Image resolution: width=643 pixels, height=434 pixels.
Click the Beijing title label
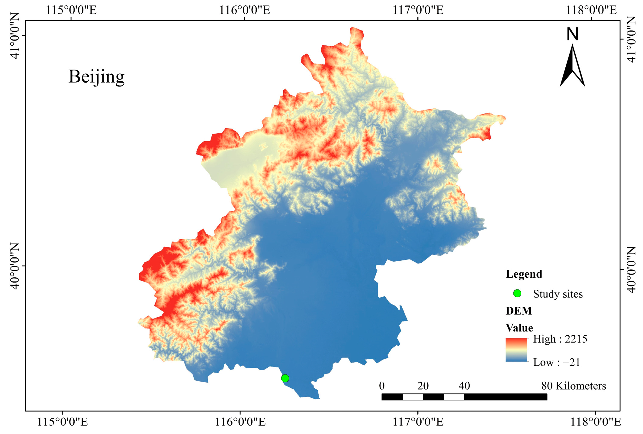point(96,77)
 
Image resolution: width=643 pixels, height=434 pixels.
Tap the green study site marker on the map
point(285,378)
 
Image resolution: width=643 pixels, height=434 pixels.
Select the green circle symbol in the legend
point(517,293)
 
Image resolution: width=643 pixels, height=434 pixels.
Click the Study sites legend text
point(558,294)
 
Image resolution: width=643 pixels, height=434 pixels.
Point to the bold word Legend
point(524,274)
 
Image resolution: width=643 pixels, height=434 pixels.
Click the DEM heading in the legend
point(519,311)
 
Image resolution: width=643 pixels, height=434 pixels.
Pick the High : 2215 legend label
point(560,339)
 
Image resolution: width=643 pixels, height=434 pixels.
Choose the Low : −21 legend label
point(557,362)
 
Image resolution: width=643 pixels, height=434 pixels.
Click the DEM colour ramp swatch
point(516,350)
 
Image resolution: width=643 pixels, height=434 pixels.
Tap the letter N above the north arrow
point(572,34)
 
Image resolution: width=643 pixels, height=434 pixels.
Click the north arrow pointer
point(572,67)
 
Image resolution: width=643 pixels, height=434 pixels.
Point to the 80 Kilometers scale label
point(574,386)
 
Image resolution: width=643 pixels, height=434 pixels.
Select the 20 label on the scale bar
point(423,386)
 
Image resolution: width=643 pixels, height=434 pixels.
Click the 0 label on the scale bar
point(382,386)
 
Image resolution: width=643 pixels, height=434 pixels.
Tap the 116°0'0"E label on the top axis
point(244,10)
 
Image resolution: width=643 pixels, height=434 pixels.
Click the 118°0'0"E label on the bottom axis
point(595,422)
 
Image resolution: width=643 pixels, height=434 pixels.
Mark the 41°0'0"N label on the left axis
point(14,35)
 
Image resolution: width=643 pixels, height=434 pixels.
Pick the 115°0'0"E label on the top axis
point(71,10)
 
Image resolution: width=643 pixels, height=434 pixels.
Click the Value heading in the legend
point(519,328)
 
